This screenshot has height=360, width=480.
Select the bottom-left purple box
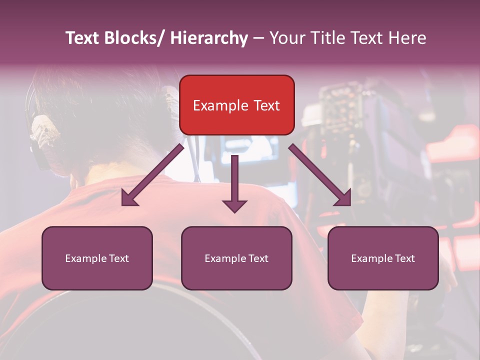(97, 258)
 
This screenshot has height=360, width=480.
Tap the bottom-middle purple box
(236, 258)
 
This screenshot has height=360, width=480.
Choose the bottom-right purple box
(383, 258)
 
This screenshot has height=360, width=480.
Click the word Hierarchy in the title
(209, 38)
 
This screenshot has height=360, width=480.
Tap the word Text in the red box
(266, 105)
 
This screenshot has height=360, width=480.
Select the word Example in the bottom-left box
(85, 258)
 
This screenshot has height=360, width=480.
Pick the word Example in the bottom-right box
(371, 258)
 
